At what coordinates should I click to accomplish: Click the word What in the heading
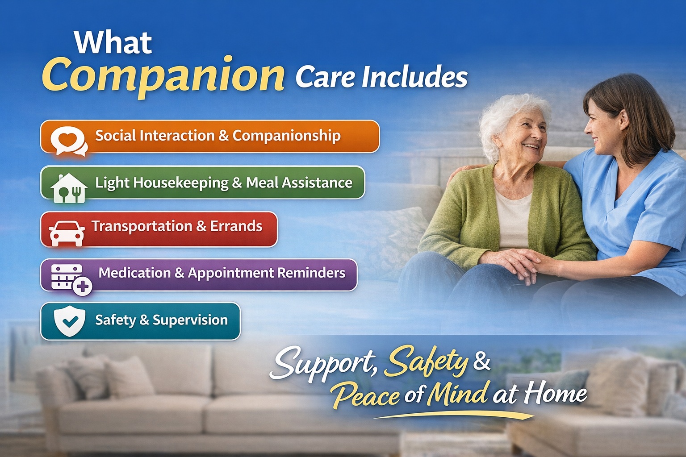[113, 43]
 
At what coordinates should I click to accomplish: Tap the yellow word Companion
[163, 75]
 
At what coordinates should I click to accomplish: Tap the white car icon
[67, 233]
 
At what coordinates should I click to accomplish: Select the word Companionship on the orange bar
[286, 136]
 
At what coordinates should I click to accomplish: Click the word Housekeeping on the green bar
[181, 183]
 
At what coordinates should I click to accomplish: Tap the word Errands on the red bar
[236, 226]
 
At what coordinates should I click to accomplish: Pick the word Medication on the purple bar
[134, 273]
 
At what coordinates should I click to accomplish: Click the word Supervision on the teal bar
[190, 320]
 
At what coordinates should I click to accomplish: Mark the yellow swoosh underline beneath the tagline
[453, 415]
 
